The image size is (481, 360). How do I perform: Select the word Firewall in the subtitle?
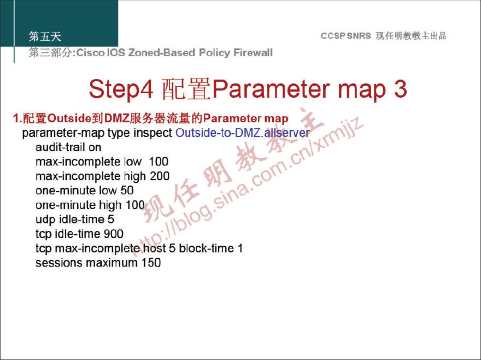coord(253,52)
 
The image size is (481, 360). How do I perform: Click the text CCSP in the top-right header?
coord(333,36)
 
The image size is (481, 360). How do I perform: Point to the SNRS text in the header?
coord(359,36)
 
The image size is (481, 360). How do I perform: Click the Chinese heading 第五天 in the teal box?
coord(45,36)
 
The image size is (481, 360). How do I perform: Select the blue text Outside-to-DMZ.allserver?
coord(243,133)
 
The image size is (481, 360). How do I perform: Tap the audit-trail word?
coord(60,147)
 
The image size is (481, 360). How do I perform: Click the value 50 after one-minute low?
coord(127,190)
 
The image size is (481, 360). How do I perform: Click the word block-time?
coord(206,248)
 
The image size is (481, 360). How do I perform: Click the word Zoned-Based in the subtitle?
coord(161,52)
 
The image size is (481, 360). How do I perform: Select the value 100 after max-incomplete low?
coord(159,161)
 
